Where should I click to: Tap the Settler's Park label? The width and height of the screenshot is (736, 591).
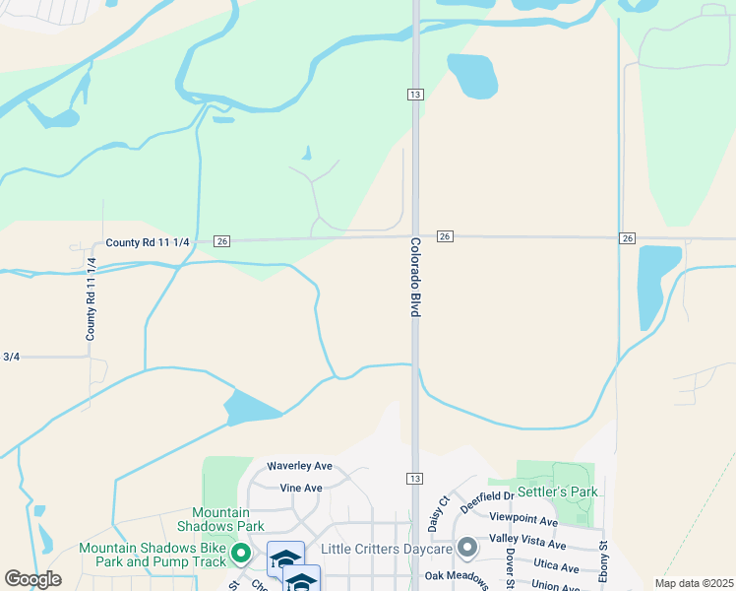559,492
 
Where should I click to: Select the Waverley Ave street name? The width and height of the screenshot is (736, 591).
300,466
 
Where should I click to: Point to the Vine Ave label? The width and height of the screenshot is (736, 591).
301,488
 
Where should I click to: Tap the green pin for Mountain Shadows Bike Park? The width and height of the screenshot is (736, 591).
239,554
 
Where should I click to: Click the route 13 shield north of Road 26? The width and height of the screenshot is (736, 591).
415,94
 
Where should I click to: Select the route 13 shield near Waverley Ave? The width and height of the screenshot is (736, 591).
415,478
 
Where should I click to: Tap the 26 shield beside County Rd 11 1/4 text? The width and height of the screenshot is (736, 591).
221,241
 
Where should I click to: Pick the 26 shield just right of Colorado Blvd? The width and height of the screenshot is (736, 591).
445,236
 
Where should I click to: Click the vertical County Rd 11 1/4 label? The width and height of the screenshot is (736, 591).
91,298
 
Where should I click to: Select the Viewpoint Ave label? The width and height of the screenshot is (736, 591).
523,520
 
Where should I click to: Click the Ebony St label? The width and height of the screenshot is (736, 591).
604,558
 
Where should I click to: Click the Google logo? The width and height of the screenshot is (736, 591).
32,579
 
